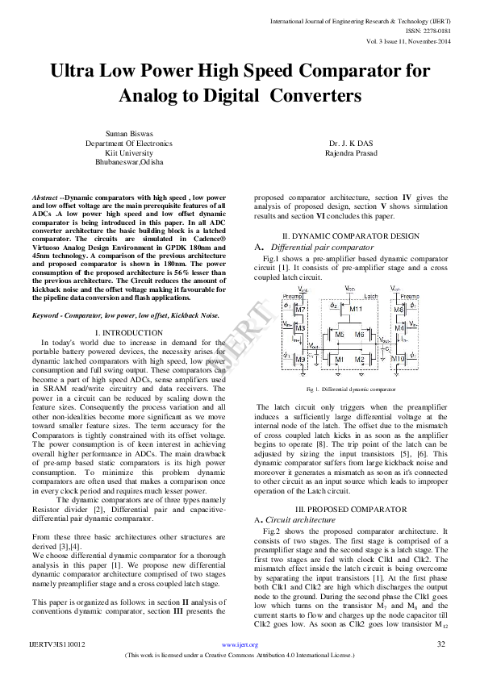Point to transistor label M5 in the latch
(340, 334)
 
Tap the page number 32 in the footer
(440, 644)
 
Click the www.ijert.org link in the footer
(240, 645)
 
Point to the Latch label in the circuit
(371, 296)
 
